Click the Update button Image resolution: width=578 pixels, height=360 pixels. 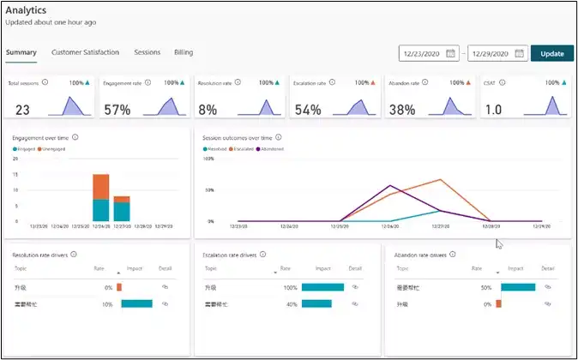[x=551, y=53]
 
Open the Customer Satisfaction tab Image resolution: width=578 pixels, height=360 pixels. [x=85, y=52]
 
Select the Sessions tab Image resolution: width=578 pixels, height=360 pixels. [x=147, y=52]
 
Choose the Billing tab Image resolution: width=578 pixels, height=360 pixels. [x=184, y=52]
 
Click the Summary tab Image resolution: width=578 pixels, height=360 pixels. [x=21, y=52]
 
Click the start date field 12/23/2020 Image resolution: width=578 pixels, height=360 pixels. [x=423, y=53]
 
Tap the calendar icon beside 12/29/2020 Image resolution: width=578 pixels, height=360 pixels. [x=518, y=53]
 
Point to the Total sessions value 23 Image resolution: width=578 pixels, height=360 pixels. [x=22, y=110]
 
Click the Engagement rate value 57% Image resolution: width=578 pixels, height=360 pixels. [x=117, y=110]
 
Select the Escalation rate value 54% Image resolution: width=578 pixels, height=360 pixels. [x=307, y=110]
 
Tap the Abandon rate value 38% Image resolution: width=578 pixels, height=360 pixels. [x=401, y=110]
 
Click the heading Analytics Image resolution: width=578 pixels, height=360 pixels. [x=26, y=10]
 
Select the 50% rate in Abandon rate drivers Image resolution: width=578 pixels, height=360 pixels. [x=485, y=287]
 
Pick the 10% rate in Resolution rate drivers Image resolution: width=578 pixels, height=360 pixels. [x=107, y=304]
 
